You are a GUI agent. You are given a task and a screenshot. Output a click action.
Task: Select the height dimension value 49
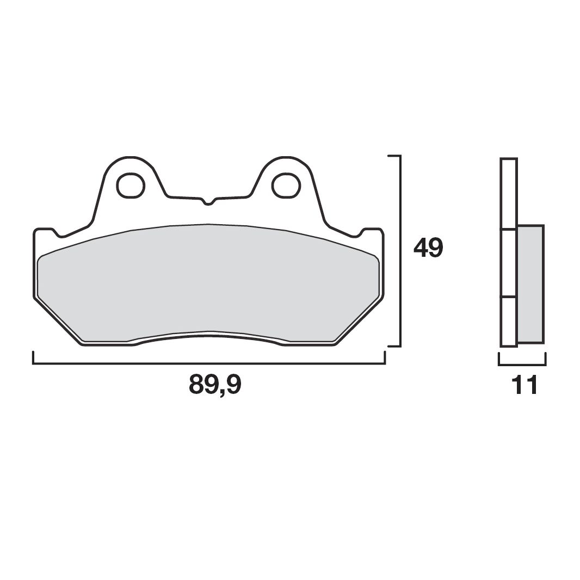[x=428, y=248]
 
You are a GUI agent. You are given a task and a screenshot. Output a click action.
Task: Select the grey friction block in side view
[x=530, y=283]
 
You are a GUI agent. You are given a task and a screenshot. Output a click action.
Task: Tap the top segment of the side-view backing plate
[x=508, y=194]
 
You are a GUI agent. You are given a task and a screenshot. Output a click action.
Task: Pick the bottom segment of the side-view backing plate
[x=508, y=322]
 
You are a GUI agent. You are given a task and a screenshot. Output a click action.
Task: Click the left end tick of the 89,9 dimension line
[x=34, y=357]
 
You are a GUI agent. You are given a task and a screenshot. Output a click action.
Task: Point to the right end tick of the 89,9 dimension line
[x=385, y=357]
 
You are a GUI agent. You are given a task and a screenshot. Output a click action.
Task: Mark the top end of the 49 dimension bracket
[x=394, y=156]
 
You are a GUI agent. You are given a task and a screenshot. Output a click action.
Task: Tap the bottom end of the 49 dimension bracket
[x=394, y=345]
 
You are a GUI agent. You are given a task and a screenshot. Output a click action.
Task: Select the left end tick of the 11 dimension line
[x=499, y=359]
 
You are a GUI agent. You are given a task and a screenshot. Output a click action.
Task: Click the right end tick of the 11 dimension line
[x=545, y=359]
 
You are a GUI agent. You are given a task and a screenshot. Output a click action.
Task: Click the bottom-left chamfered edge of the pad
[x=58, y=321]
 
